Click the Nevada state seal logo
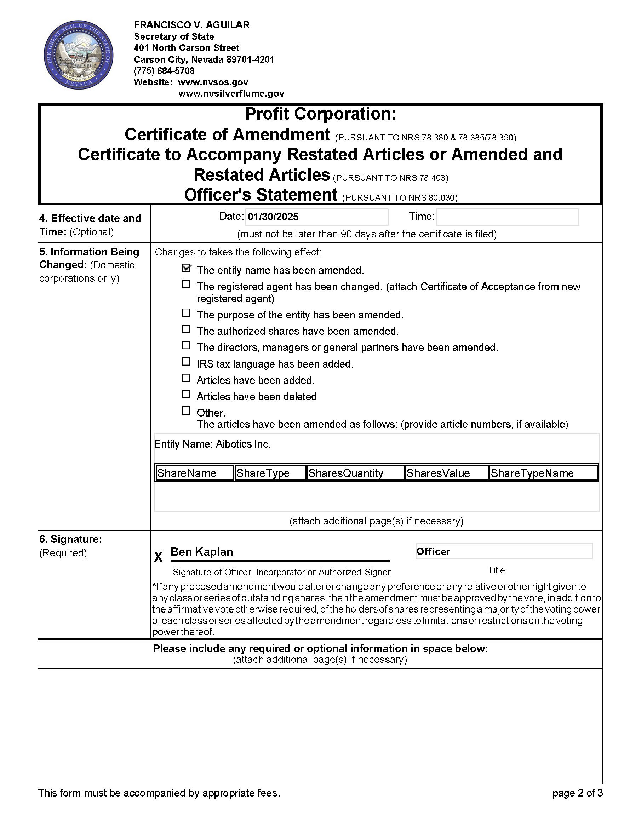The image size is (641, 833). [79, 55]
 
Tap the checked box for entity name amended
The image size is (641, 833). [186, 268]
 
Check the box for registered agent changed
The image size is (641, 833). [186, 284]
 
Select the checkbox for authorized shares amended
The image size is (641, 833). [186, 329]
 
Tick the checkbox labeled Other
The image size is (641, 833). [186, 410]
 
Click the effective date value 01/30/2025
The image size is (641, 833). [273, 217]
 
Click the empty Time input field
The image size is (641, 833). [508, 217]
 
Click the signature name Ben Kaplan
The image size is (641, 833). [202, 552]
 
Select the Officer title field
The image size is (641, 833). [504, 552]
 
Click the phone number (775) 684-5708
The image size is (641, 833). [164, 71]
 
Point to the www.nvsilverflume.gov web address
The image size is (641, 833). [231, 94]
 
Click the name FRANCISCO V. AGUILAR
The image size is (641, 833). [191, 25]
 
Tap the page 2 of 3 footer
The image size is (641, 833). [577, 793]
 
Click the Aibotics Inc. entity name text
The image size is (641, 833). [244, 444]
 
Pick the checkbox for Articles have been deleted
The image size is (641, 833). [186, 394]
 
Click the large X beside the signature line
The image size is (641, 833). [158, 557]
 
